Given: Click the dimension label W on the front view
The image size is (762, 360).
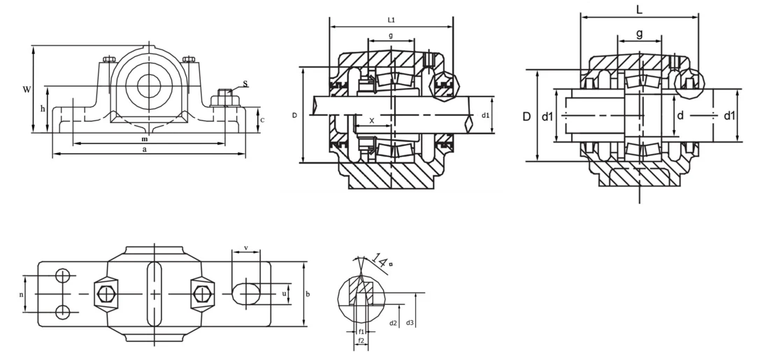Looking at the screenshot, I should tap(27, 89).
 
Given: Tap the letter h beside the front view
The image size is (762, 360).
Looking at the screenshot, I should tap(43, 109).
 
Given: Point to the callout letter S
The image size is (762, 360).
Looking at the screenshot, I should tap(245, 84).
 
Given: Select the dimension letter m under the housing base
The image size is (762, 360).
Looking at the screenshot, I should tap(144, 138).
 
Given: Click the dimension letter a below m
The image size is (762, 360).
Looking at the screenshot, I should tap(144, 149).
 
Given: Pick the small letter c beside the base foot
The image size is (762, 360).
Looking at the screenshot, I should tap(261, 120).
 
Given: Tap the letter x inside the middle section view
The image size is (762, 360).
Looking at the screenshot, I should tap(372, 120).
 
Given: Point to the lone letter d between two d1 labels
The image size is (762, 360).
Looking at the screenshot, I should tap(680, 115).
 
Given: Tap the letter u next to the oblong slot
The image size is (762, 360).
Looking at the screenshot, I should tap(284, 294).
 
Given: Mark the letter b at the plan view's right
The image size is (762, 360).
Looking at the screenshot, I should tap(308, 294).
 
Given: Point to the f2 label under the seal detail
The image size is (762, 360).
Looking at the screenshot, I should tap(361, 340).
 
